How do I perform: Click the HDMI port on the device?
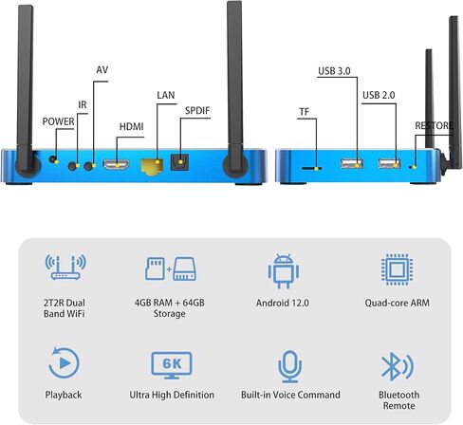pos(116,165)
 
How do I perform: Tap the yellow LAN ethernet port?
pos(152,165)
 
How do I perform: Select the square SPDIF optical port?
pos(179,162)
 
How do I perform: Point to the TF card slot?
pos(311,168)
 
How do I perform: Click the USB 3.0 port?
pos(351,163)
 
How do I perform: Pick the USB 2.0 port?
pos(389,163)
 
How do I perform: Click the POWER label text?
pos(58,121)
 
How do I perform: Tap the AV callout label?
pos(102,70)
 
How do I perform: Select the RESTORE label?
pos(434,126)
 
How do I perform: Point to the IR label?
pos(83,104)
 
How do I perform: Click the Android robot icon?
pos(284,270)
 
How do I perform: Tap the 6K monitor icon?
pos(172,365)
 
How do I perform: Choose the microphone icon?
pos(289,366)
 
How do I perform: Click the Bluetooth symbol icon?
pos(398,366)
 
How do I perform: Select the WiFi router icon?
pos(65,267)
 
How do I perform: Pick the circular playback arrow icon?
pos(64,362)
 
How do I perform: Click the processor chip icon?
pos(397,269)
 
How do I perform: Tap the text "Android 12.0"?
pos(283,303)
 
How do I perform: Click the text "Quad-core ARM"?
pos(398,303)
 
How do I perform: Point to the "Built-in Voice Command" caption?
pos(290,395)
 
